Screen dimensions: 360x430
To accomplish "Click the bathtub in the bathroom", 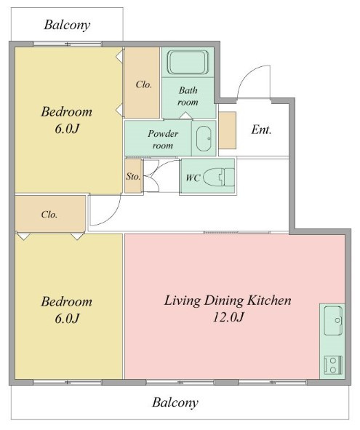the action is coord(188,63).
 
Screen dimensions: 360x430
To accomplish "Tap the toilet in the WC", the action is coord(219,177).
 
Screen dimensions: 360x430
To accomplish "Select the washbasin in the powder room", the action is coord(204,138).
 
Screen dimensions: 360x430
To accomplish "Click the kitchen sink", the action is coord(333,320).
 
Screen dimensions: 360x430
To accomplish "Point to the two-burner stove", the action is coord(333,365).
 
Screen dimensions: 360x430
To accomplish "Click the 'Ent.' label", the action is coord(261,130).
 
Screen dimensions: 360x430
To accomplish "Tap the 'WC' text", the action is coord(193,178).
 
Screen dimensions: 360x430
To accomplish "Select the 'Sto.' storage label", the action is coord(133,176).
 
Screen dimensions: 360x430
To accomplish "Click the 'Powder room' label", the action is coord(163,139).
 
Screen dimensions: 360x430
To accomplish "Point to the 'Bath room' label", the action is coord(188,96).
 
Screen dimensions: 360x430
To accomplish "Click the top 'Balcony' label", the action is coord(67,25).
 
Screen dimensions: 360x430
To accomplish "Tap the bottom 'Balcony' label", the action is coord(175,402).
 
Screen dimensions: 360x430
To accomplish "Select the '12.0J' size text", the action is coord(228,317).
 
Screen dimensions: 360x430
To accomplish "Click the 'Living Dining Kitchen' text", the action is coord(228,300).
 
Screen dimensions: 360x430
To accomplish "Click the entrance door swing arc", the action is coord(245,75).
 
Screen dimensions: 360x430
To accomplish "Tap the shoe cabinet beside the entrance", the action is coord(228,130).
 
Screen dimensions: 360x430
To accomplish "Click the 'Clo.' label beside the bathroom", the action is coord(144,84).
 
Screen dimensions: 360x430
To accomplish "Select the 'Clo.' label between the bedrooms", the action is coord(49,214).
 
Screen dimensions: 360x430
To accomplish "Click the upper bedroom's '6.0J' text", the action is coord(67,129).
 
